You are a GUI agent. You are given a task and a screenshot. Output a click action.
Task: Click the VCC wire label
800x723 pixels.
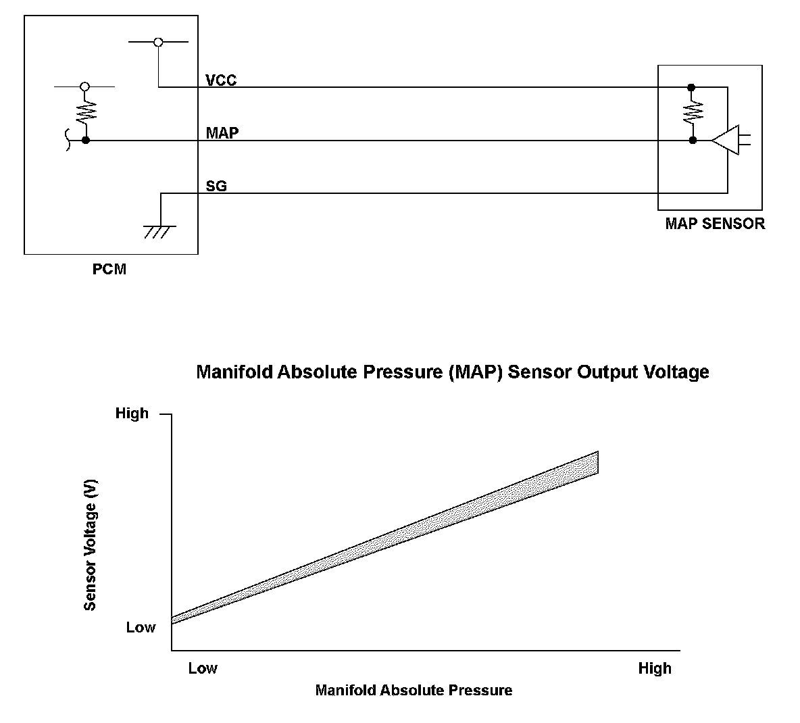[221, 80]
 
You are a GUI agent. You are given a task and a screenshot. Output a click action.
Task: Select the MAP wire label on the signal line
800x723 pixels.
[222, 132]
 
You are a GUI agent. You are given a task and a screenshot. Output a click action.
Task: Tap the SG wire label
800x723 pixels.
[216, 185]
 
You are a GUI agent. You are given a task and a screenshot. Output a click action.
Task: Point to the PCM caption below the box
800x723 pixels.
[109, 269]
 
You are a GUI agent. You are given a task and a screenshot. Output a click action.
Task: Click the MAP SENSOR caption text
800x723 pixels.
[715, 224]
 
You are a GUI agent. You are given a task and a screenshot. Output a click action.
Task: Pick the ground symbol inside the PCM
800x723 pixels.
[160, 231]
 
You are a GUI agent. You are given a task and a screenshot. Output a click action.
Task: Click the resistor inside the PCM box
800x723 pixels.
[86, 111]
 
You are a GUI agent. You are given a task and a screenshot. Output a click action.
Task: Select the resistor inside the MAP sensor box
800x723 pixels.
[692, 112]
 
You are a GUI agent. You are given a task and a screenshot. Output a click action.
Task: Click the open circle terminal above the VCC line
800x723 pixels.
[158, 43]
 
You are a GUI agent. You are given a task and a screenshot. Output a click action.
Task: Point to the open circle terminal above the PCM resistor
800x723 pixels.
[84, 87]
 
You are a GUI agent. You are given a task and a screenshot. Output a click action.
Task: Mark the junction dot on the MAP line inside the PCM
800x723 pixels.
[86, 141]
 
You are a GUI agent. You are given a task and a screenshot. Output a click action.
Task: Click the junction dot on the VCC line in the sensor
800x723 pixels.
[691, 87]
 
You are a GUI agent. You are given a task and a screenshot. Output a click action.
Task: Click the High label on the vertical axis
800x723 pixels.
[132, 413]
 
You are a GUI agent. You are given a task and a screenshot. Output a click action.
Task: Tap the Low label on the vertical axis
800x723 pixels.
[141, 627]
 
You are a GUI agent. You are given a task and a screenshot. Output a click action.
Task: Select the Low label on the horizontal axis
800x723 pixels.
[203, 668]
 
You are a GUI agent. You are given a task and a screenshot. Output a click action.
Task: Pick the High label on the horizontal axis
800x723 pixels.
[655, 668]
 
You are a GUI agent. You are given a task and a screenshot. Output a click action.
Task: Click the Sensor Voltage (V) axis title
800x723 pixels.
[90, 545]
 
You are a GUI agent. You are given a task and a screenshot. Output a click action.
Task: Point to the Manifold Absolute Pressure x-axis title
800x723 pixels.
[414, 690]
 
